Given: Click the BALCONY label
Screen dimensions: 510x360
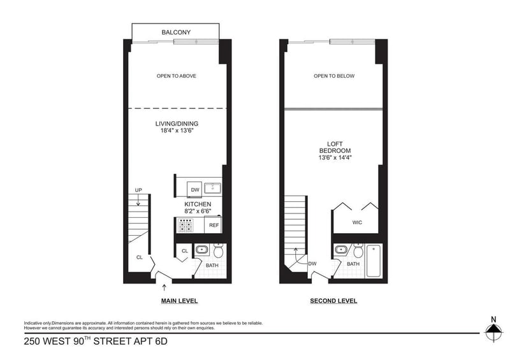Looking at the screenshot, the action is coord(176,32).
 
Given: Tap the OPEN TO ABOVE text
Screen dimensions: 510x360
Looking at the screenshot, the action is coord(177,76).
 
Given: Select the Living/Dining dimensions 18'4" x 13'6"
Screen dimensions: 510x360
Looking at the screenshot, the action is coord(177,131).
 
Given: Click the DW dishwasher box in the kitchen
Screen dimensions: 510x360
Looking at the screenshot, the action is coord(194,190).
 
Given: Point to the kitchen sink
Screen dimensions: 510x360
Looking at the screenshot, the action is coord(213,187).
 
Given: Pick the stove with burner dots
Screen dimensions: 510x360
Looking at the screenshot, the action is coord(185,225).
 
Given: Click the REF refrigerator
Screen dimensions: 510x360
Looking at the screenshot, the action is coord(214,225).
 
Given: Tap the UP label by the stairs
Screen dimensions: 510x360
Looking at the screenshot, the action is coord(138,191).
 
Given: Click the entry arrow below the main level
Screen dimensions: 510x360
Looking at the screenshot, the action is coord(164,287).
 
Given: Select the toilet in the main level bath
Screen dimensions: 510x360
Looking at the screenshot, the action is coord(218,250).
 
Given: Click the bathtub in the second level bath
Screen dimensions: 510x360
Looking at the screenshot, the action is coord(374,261).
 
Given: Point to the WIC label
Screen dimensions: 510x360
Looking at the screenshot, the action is coord(357,222).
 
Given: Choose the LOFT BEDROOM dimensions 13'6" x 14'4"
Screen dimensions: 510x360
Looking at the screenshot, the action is coord(335,158).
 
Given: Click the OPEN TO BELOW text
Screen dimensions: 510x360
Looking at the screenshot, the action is coord(334,76).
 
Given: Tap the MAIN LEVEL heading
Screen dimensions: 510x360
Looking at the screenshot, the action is coord(180,301).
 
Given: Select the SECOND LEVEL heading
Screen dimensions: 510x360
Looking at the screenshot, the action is coord(333,301).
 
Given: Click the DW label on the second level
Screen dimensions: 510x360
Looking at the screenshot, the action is coord(312,264).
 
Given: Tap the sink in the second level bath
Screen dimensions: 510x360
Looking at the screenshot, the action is coord(341,250).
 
